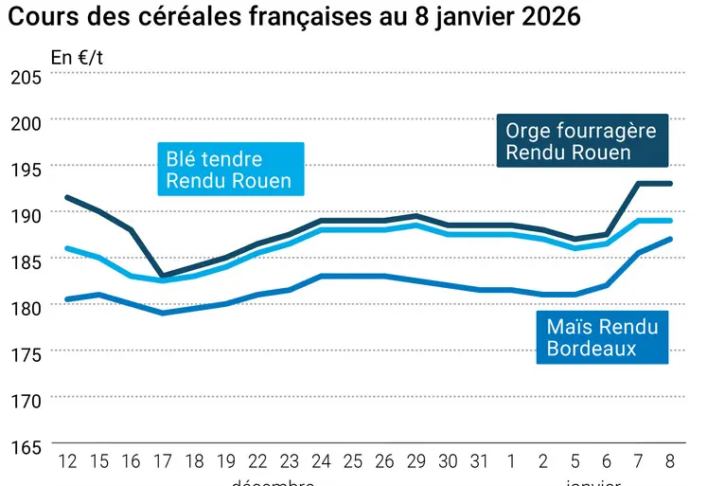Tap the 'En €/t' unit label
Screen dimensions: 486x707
77,57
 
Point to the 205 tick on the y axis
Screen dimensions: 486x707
26,78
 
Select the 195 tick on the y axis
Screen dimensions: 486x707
26,169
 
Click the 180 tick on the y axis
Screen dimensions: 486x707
26,308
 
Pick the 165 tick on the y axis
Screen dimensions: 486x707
26,446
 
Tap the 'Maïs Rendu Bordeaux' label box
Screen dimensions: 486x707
602,337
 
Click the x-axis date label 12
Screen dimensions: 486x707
67,461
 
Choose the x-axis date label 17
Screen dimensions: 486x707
163,461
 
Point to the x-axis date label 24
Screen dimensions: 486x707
321,461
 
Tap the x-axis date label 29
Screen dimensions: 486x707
416,461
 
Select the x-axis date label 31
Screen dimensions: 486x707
480,461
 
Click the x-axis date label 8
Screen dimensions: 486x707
671,461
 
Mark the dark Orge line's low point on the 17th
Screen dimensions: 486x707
163,276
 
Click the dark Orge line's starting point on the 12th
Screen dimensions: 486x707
67,197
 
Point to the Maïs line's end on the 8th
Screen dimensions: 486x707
671,239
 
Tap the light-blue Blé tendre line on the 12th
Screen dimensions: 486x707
67,248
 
